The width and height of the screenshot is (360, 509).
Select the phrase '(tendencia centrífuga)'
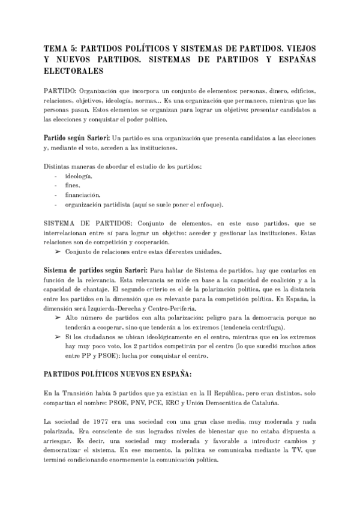tap(251, 327)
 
